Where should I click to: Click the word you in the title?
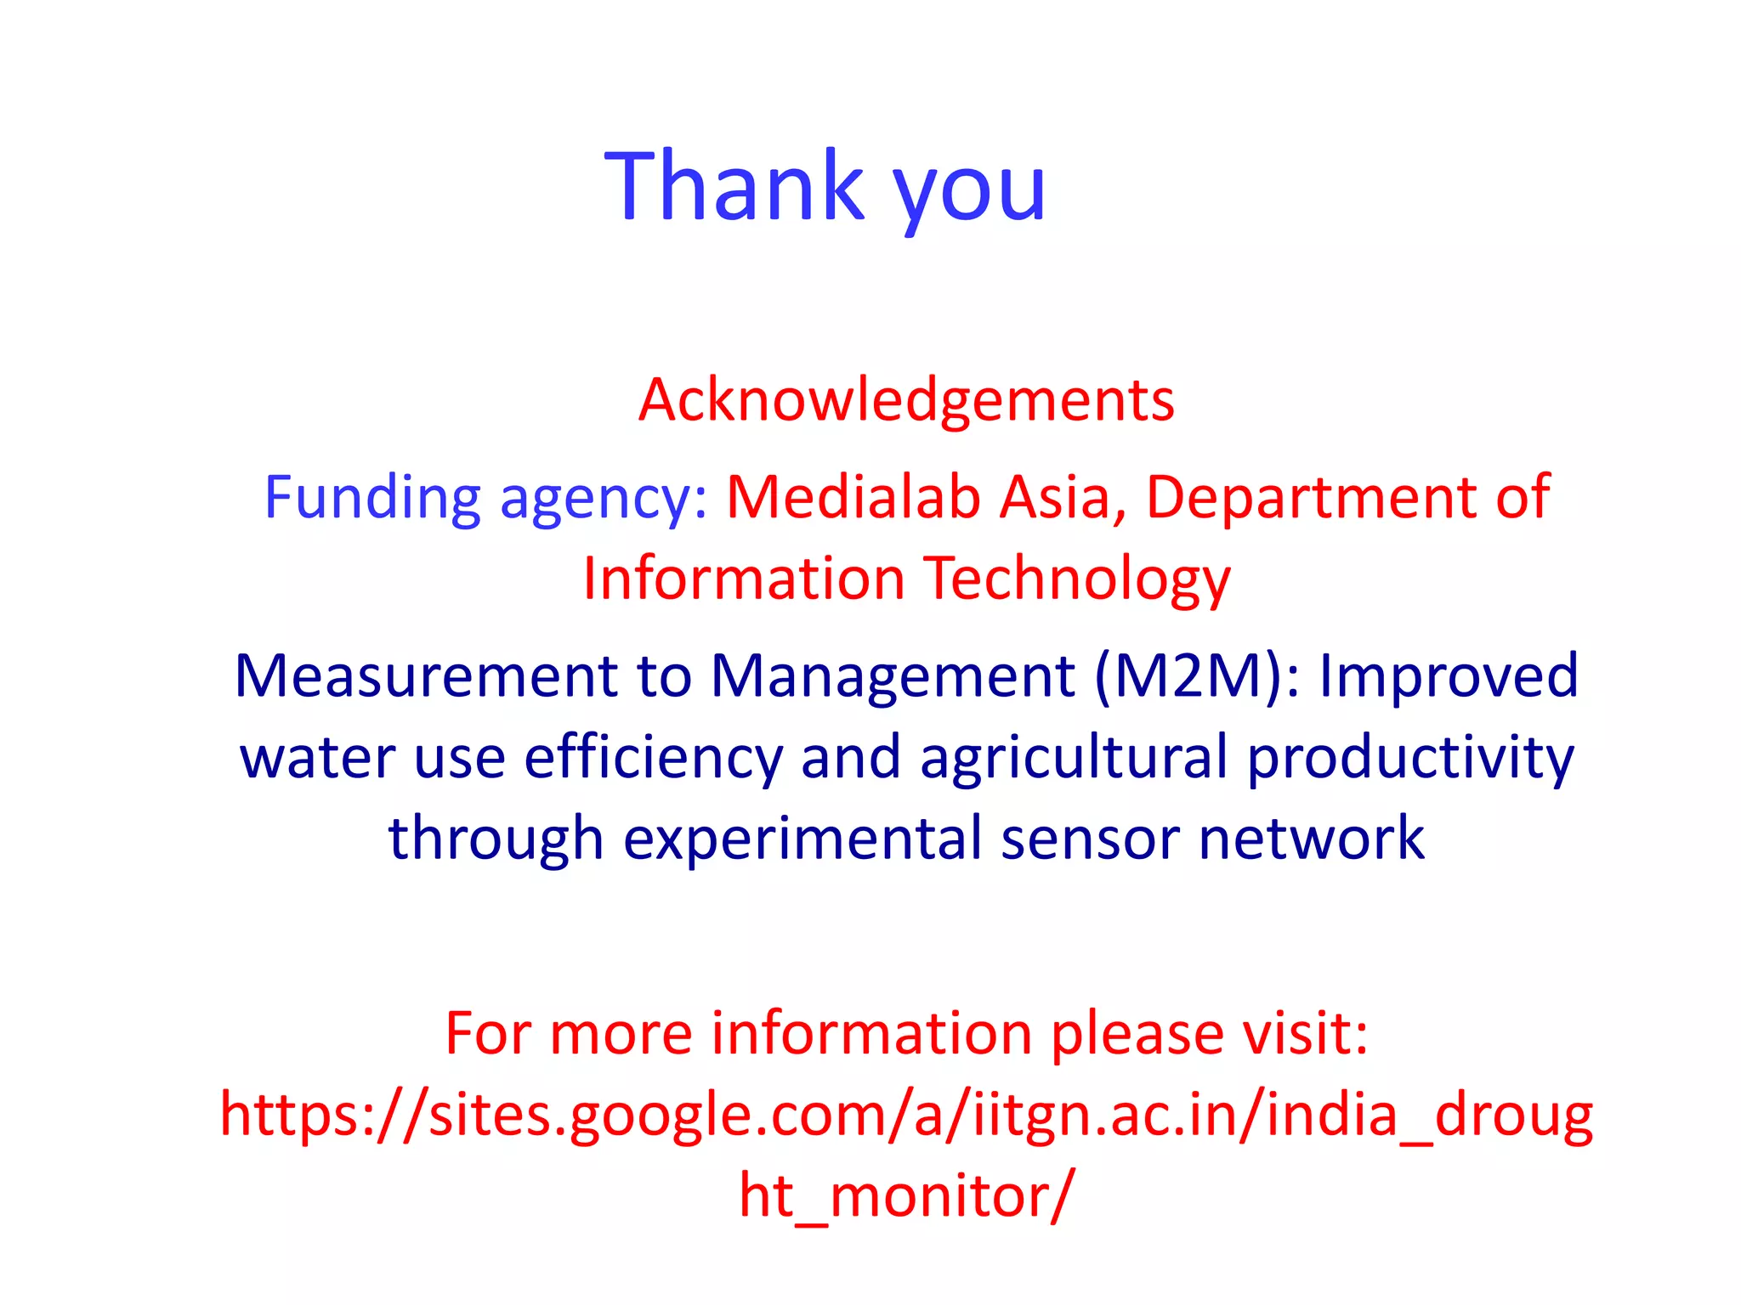pos(969,191)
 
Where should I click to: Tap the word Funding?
pos(372,497)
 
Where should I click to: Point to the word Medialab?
pos(853,497)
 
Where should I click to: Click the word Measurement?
pos(426,677)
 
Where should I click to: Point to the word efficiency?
pos(652,759)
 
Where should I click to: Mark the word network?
pos(1311,839)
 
